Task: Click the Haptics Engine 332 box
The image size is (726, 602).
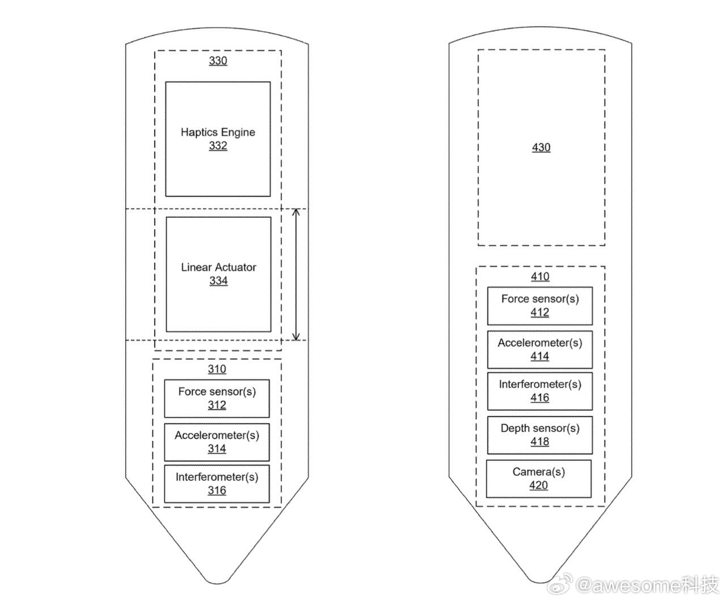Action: tap(218, 139)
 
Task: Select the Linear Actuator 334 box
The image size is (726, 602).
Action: tap(218, 275)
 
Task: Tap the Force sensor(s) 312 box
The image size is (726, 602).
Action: tap(217, 398)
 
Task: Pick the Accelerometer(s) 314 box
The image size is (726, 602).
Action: tap(217, 442)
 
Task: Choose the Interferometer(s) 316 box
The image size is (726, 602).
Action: tap(217, 484)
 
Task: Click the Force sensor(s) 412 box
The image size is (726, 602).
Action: tap(540, 306)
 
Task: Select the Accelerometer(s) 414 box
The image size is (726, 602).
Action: tap(540, 350)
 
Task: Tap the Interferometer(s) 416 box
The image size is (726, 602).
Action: tap(540, 391)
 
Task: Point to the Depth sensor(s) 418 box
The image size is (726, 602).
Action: tap(540, 435)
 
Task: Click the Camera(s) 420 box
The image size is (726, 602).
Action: tap(539, 479)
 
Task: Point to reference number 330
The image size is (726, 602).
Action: tap(218, 61)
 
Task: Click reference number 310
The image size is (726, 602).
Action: tap(217, 369)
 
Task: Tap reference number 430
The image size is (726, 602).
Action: tap(541, 148)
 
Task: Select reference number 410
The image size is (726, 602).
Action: tap(540, 276)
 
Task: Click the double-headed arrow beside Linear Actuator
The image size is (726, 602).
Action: tap(296, 275)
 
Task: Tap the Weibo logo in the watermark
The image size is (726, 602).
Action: tap(559, 584)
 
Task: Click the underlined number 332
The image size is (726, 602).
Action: tap(218, 145)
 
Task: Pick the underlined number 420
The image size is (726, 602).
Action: tap(539, 485)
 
